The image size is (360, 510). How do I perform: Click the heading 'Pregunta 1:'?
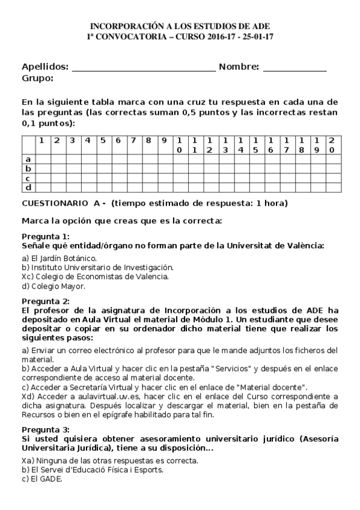45,236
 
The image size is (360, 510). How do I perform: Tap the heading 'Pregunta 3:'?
45,429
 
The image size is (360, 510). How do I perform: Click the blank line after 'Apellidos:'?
143,69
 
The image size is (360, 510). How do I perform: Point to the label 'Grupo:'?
37,78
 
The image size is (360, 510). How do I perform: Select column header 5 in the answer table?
102,141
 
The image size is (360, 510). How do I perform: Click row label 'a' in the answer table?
28,159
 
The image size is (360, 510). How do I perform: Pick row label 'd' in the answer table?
28,188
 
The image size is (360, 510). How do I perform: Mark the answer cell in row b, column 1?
42,168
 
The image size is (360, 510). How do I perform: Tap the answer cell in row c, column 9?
163,178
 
